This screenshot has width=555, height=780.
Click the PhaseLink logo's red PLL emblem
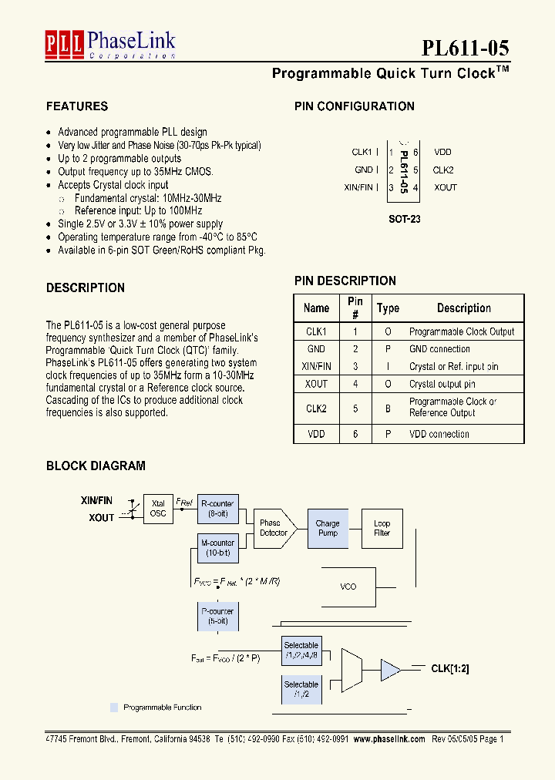tap(64, 44)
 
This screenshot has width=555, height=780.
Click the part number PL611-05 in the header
tap(465, 48)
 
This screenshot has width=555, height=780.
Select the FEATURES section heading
tap(77, 106)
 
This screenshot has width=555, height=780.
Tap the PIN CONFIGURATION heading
tap(355, 106)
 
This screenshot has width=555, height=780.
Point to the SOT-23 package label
tap(405, 219)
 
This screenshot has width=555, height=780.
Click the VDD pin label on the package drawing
tap(442, 153)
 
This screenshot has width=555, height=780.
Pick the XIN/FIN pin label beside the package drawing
tap(358, 187)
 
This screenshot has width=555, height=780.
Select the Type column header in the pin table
tap(388, 308)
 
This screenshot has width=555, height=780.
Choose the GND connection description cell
tap(439, 349)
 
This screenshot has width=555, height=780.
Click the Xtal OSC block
tap(158, 509)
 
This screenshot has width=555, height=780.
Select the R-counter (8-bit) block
tap(217, 509)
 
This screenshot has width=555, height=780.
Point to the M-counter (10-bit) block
tap(217, 548)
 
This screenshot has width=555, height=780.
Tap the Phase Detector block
tap(272, 528)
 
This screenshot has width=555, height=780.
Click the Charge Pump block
tap(328, 528)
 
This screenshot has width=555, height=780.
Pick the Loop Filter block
tap(382, 528)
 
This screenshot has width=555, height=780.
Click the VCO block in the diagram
tap(348, 587)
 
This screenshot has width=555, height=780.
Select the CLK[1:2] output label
tap(450, 669)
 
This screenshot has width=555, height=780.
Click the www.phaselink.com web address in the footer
tap(389, 738)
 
